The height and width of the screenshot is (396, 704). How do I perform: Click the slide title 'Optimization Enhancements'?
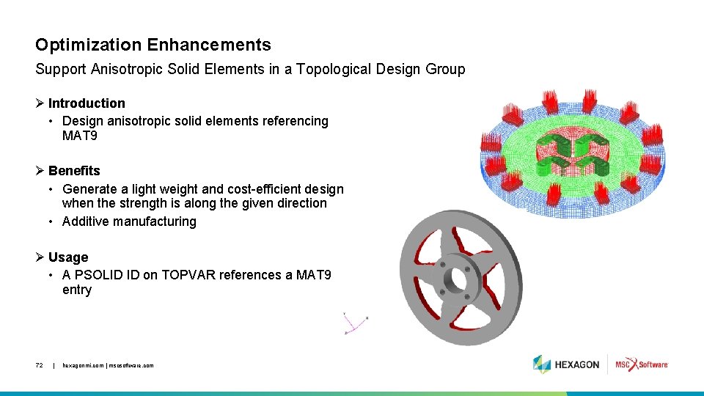coord(153,45)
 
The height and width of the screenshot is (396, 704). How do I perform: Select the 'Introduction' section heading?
coord(87,103)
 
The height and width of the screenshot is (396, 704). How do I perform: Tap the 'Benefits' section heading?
coord(74,171)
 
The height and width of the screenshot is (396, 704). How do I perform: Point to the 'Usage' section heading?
coord(68,257)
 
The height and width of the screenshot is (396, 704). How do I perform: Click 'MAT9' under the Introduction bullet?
coord(80,136)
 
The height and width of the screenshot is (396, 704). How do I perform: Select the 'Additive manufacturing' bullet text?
coord(129,221)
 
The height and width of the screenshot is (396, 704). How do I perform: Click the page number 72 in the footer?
coord(40,365)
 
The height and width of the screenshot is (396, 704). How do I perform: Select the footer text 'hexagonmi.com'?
coord(83,365)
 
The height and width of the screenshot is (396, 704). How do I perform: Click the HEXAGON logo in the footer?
coord(566,364)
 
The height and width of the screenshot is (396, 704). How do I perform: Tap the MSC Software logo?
coord(641,364)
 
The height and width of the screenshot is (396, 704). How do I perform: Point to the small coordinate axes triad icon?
coord(355,323)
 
